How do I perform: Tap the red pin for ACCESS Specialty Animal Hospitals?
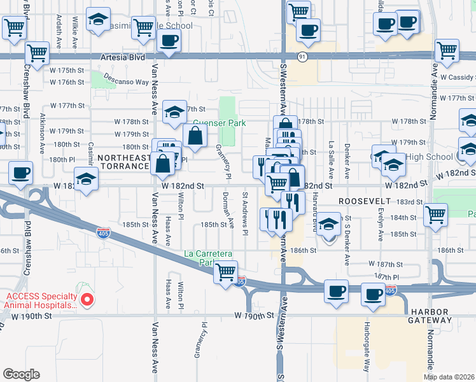click(x=89, y=297)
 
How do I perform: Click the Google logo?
click(x=20, y=374)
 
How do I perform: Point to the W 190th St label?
click(x=253, y=315)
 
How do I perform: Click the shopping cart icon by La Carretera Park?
click(x=226, y=272)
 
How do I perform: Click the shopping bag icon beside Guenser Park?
click(x=195, y=135)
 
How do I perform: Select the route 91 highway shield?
click(x=302, y=57)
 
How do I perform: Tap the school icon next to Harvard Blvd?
click(x=328, y=225)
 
